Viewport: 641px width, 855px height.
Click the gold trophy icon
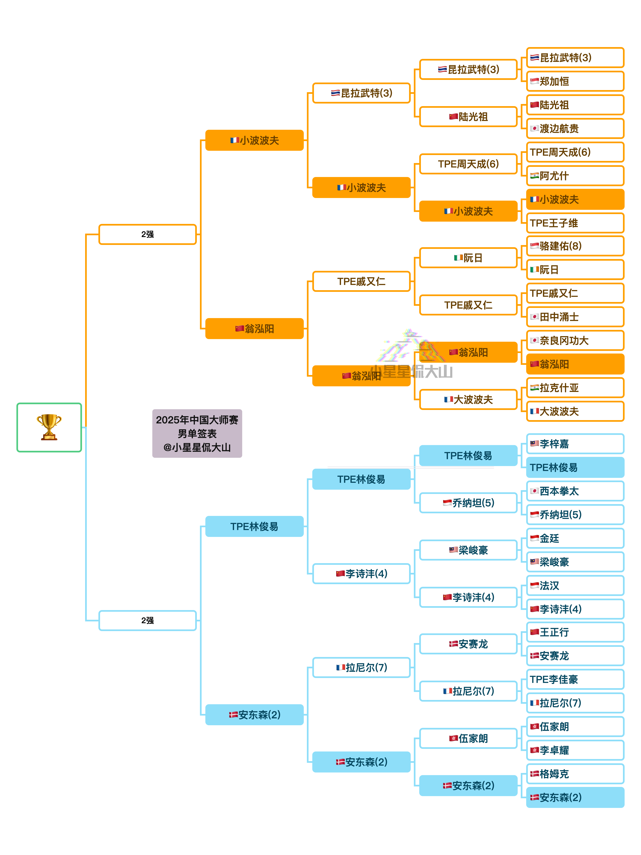pyautogui.click(x=49, y=427)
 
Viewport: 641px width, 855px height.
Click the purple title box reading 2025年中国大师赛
pyautogui.click(x=197, y=433)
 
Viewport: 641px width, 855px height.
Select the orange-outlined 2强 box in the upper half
pyautogui.click(x=148, y=234)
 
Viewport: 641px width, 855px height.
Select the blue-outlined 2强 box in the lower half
pyautogui.click(x=148, y=620)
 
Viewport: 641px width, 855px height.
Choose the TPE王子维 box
pyautogui.click(x=575, y=223)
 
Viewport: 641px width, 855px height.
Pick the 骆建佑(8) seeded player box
pyautogui.click(x=575, y=246)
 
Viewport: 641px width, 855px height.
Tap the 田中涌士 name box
pyautogui.click(x=575, y=317)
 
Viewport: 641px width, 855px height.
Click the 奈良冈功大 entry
pyautogui.click(x=575, y=341)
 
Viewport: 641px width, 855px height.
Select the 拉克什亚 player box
pyautogui.click(x=575, y=388)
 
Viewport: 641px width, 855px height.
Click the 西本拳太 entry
pyautogui.click(x=575, y=491)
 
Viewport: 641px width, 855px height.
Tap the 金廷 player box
pyautogui.click(x=575, y=538)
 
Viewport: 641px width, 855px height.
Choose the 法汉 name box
pyautogui.click(x=575, y=586)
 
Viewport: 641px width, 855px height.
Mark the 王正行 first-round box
pyautogui.click(x=575, y=632)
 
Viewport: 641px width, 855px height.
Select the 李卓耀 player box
pyautogui.click(x=575, y=750)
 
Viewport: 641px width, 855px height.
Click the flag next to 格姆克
pyautogui.click(x=535, y=774)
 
